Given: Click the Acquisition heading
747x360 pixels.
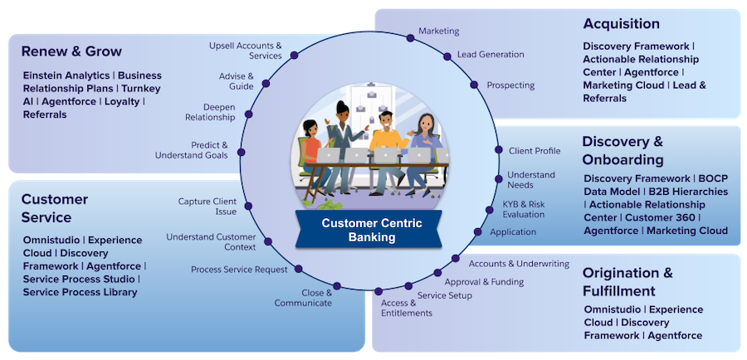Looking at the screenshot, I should (x=621, y=23).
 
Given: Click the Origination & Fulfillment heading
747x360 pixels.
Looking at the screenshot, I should (x=627, y=282).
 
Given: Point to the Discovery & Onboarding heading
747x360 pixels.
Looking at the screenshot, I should (x=622, y=150).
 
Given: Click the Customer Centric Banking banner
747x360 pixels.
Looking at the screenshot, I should (x=371, y=230).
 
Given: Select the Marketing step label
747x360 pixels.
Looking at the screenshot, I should (x=438, y=31).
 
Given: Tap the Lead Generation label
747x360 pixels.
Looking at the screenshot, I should (x=491, y=55).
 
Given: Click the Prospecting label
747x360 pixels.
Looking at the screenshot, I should (x=510, y=85).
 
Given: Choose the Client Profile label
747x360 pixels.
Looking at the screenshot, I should (x=535, y=151).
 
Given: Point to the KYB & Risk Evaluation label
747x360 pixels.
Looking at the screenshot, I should (x=524, y=209).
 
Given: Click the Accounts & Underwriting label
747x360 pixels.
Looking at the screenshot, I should (x=519, y=264).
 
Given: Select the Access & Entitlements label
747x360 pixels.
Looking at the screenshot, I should (x=407, y=308).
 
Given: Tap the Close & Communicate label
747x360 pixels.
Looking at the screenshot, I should (x=304, y=298).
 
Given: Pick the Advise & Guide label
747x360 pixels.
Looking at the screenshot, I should (x=237, y=80).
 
